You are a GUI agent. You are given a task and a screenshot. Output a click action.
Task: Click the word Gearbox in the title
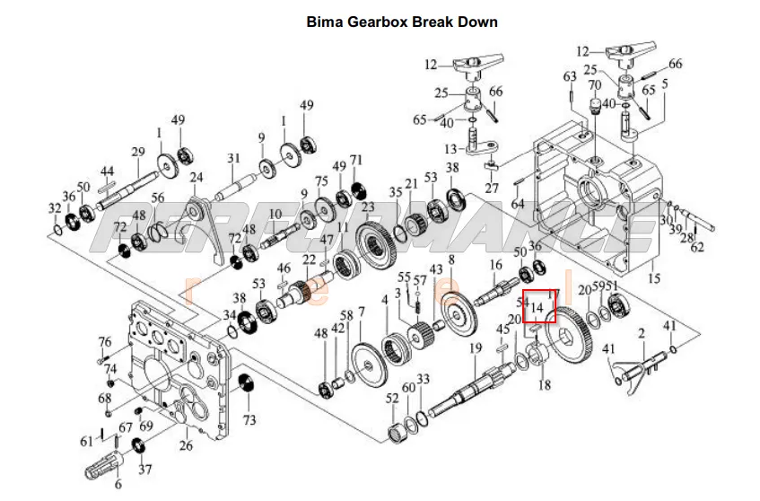click(373, 22)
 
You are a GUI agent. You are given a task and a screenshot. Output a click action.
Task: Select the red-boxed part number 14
click(538, 307)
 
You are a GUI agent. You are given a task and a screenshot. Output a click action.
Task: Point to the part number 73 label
click(249, 420)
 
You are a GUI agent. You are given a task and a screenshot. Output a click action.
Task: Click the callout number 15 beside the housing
click(654, 279)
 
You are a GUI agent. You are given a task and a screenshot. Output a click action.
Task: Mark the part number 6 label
click(118, 485)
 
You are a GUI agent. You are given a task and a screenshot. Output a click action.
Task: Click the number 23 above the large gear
click(368, 207)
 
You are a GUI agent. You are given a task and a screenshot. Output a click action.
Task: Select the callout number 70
click(594, 86)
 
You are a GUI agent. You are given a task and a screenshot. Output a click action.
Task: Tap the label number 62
click(698, 247)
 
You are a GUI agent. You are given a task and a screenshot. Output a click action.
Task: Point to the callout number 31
click(233, 159)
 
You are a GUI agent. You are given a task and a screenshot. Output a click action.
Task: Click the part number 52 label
click(392, 399)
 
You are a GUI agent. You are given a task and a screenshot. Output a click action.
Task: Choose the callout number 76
click(105, 342)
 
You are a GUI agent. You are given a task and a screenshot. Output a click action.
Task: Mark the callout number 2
click(642, 334)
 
